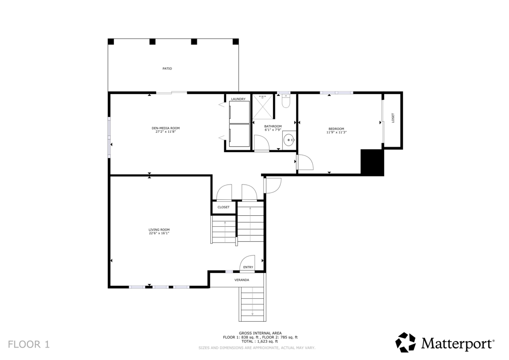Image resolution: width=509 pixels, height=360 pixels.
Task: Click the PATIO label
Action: (x=167, y=69)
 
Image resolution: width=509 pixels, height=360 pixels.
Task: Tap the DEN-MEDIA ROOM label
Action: (x=166, y=128)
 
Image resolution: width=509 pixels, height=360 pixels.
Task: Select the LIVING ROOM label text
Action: (x=159, y=230)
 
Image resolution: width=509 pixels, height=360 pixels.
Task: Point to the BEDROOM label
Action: (x=336, y=129)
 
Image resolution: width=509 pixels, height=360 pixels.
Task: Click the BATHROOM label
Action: (x=273, y=126)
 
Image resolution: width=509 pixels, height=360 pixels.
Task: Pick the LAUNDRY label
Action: (x=238, y=99)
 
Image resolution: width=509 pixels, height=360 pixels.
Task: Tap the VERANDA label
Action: (x=242, y=280)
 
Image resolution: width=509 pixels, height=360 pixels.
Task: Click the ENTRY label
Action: (x=248, y=268)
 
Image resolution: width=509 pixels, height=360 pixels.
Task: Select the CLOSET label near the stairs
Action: (x=223, y=207)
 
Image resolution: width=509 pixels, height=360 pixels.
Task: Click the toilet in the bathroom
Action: (x=285, y=101)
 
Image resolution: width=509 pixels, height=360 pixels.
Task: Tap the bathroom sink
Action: (x=288, y=141)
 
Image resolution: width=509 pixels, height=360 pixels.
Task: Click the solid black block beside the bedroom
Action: (x=373, y=162)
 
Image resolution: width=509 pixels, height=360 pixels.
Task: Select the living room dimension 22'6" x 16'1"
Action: (x=159, y=233)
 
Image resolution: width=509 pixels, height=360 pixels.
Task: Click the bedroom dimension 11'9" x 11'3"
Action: (x=336, y=132)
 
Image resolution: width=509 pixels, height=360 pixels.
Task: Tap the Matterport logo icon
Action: (x=405, y=343)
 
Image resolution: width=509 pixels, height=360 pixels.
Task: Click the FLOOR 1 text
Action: (x=29, y=344)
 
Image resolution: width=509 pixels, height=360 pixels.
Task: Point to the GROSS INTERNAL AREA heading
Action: (x=260, y=333)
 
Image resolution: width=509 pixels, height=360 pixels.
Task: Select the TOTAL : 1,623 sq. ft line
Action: (x=260, y=341)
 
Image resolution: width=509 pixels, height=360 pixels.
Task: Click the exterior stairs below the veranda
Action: (x=253, y=304)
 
